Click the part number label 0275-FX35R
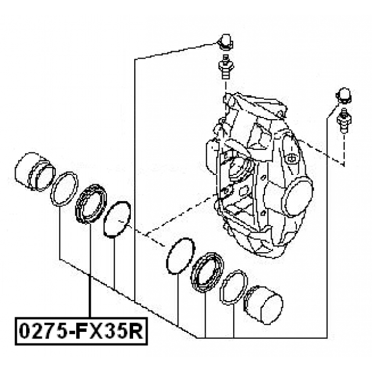(80, 332)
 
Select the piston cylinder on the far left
(34, 171)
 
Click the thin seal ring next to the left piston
(64, 189)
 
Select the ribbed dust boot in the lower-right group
(207, 271)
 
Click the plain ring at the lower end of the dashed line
(179, 256)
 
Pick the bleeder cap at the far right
(344, 94)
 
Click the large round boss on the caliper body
(300, 197)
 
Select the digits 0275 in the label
(40, 332)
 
